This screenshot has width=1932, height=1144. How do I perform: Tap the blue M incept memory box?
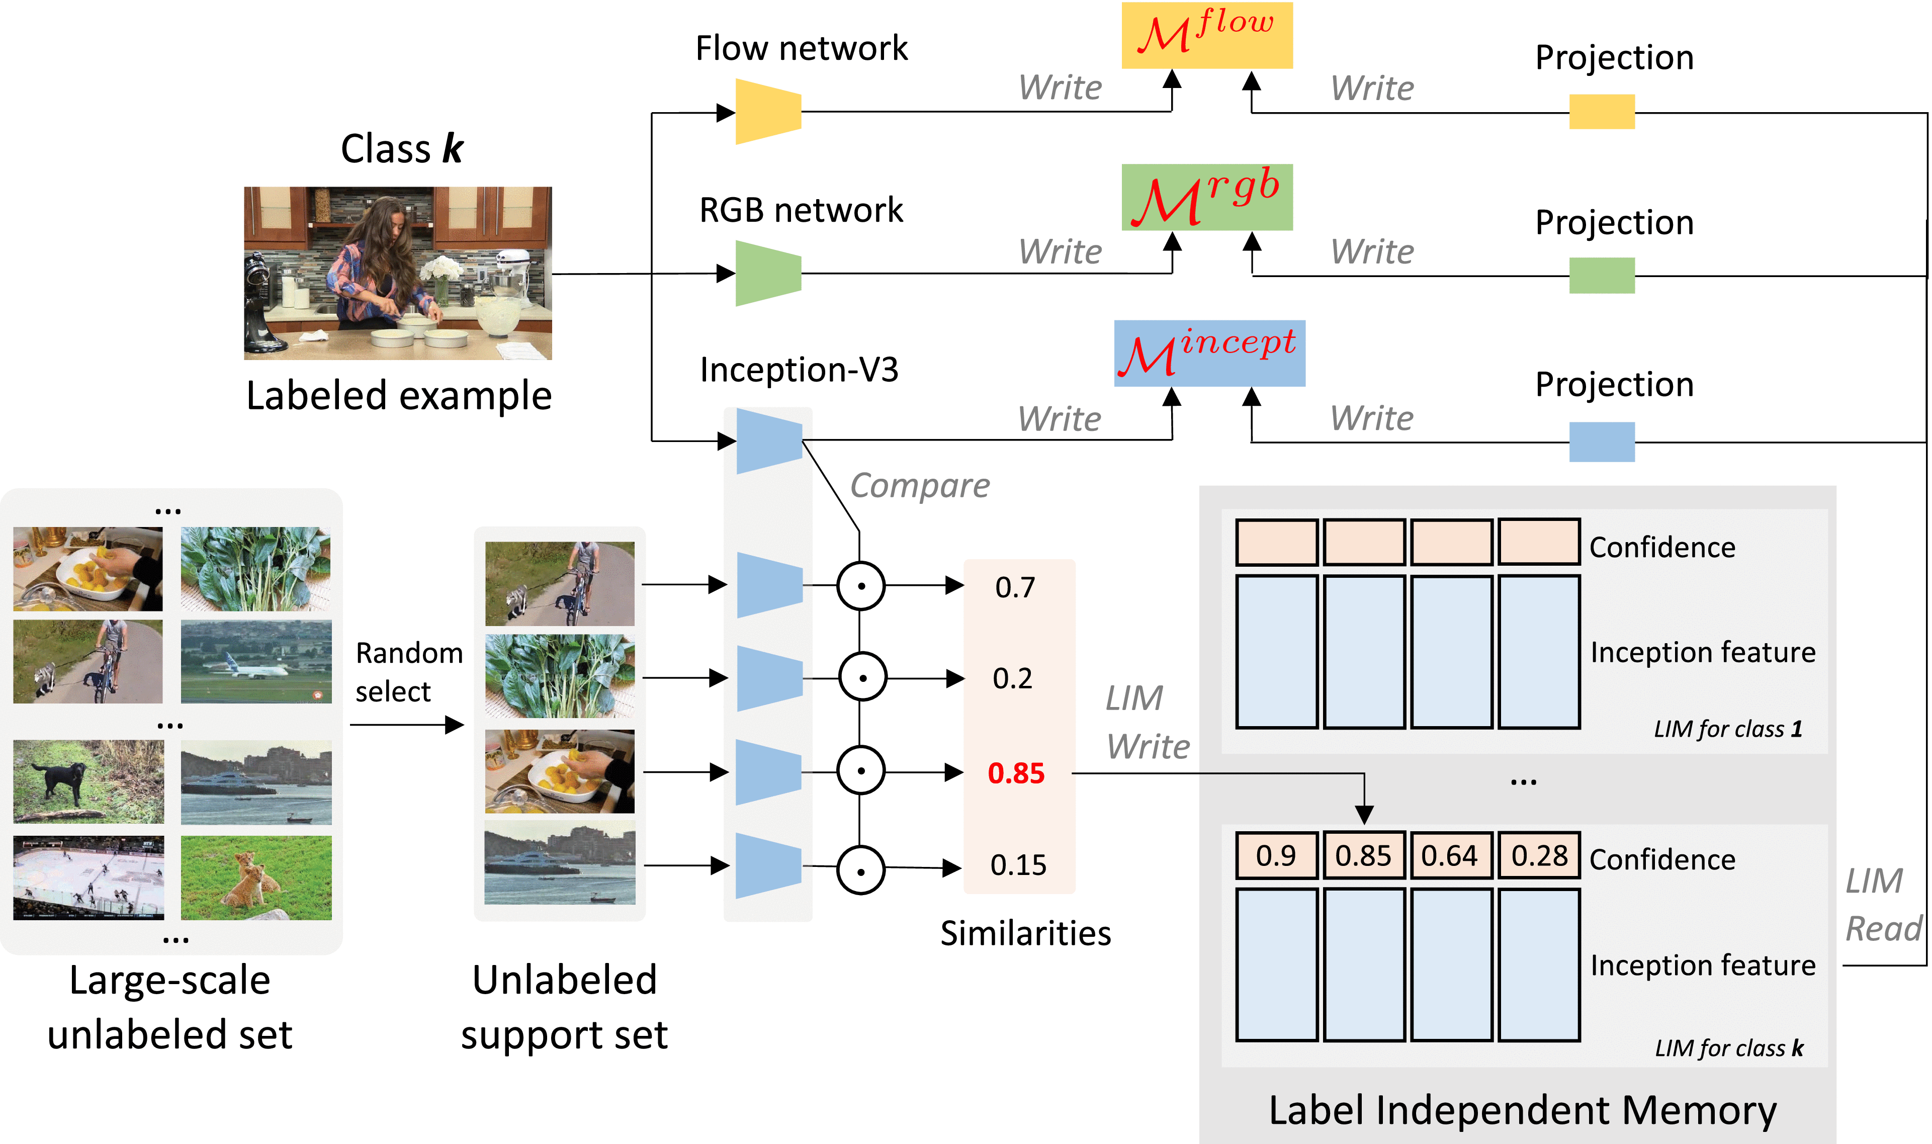(1209, 353)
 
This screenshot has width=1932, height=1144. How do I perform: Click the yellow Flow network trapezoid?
(767, 112)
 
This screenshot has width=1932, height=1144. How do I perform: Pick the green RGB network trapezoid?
(767, 274)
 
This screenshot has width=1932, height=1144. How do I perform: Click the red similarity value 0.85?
(1016, 773)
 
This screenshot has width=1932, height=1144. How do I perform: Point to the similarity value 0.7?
(1014, 587)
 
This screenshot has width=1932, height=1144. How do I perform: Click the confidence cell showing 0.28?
(1538, 856)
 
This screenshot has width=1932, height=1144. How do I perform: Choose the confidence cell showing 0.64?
(1450, 856)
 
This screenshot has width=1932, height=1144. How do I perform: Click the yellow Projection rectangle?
(1602, 112)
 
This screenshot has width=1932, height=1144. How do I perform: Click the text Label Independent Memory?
(1522, 1111)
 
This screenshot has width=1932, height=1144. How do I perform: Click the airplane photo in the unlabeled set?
(256, 661)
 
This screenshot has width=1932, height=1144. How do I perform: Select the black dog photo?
(88, 781)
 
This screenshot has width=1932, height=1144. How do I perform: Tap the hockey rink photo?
(88, 877)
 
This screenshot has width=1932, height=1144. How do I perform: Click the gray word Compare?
(919, 486)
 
